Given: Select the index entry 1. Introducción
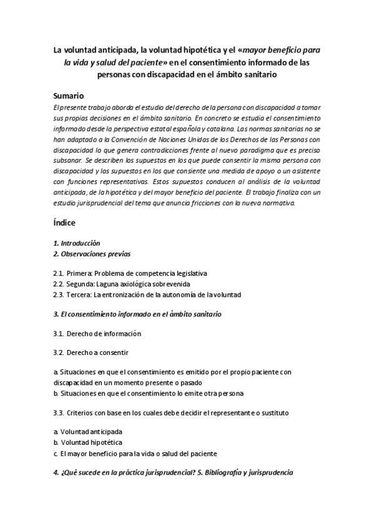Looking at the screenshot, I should [77, 243].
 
